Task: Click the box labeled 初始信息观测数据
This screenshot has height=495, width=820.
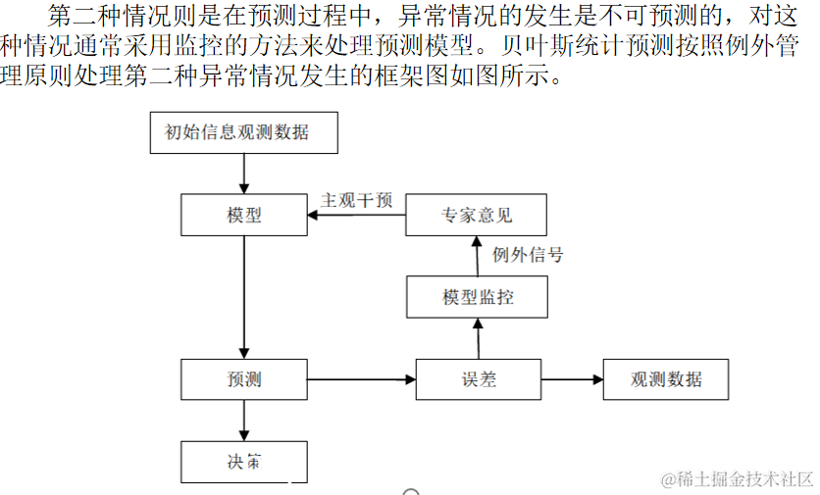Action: [x=243, y=132]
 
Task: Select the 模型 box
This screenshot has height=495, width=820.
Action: [x=243, y=215]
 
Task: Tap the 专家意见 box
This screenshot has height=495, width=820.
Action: [x=476, y=215]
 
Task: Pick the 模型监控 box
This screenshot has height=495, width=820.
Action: [x=476, y=297]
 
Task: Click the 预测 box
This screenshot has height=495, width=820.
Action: [x=243, y=379]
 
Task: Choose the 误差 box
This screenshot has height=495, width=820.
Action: [x=479, y=379]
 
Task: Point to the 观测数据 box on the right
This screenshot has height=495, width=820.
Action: [x=666, y=379]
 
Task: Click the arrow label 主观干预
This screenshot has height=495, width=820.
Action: [x=357, y=200]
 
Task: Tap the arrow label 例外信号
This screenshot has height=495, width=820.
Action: [x=528, y=256]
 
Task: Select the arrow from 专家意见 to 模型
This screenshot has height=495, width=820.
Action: [x=357, y=215]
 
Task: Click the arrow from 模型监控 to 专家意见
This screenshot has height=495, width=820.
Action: [x=477, y=256]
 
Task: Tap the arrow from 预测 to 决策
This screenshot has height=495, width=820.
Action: [x=243, y=421]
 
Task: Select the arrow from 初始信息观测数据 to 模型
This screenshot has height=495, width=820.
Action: [x=243, y=173]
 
